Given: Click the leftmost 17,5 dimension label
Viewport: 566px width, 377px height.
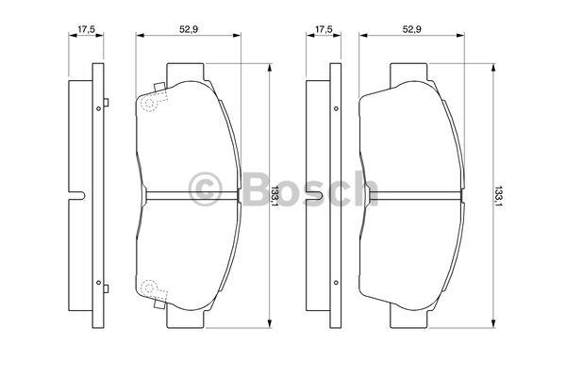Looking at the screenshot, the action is tap(86, 29).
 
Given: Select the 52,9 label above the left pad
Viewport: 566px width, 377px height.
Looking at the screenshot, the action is tap(189, 29).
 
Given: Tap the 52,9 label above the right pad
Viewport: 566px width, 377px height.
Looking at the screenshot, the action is tap(412, 29).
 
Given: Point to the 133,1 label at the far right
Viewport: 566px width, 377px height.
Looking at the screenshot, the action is tap(498, 196).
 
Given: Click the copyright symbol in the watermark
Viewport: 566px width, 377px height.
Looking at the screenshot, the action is tap(206, 188).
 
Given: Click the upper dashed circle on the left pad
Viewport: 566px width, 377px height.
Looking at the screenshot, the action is tap(149, 103).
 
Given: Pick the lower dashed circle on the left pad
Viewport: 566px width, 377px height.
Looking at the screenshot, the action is tap(149, 287).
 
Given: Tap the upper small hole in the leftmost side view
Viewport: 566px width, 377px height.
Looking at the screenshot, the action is tap(98, 108).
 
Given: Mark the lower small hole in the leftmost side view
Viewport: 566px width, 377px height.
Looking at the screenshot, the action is tap(98, 283).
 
